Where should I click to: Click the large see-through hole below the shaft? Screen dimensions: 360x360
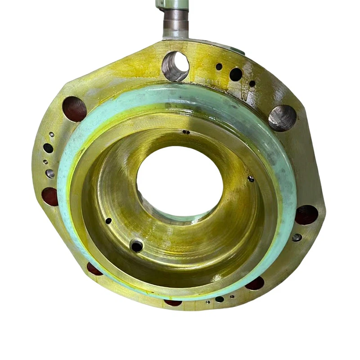(175, 66)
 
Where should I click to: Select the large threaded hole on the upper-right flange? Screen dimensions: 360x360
(282, 118)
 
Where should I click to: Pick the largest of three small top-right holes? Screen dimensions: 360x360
(236, 74)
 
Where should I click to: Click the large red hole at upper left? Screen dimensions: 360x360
(74, 109)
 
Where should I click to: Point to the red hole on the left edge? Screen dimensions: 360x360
(50, 197)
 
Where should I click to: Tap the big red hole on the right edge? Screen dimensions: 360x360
(306, 215)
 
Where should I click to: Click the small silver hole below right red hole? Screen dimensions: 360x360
(297, 237)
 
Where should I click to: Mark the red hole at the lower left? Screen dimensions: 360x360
(94, 269)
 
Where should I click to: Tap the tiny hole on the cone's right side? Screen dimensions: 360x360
(251, 179)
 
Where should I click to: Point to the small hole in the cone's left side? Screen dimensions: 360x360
(108, 221)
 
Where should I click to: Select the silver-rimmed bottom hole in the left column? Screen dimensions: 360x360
(50, 173)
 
